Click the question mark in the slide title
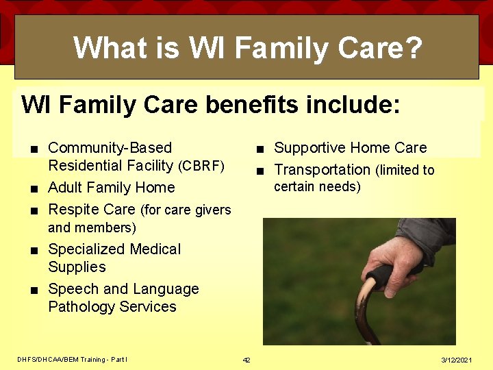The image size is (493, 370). click(x=412, y=48)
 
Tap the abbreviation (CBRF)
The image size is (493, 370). click(x=201, y=166)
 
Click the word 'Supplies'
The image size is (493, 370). click(x=77, y=267)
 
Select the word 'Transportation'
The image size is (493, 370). click(x=322, y=170)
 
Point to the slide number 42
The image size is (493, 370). click(x=246, y=360)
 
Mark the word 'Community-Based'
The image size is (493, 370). click(x=110, y=148)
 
